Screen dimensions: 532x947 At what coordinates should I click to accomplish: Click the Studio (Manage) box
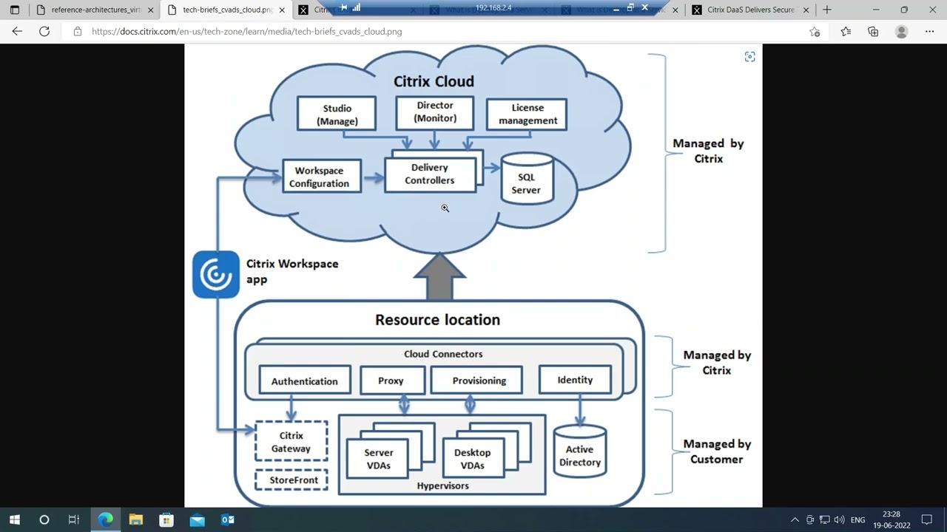coord(337,115)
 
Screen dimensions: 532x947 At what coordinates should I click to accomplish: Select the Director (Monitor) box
coord(434,112)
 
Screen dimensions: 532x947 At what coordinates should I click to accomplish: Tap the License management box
coord(527,114)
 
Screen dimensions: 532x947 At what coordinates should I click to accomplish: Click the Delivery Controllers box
coord(429,174)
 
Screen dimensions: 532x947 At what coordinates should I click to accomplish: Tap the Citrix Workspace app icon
coord(215,275)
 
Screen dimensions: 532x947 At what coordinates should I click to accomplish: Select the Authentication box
coord(304,381)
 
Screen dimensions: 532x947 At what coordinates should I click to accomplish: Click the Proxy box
coord(391,381)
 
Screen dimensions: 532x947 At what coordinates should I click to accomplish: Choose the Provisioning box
coord(479,381)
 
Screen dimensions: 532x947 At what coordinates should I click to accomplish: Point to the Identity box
coord(575,380)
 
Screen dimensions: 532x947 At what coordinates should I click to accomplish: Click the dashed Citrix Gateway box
coord(291,442)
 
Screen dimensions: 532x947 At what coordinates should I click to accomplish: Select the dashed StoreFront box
coord(294,480)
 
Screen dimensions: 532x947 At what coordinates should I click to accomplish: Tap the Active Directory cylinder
coord(579,454)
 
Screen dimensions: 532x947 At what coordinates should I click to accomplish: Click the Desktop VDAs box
coord(472,459)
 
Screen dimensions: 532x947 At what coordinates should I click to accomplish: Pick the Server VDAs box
coord(378,459)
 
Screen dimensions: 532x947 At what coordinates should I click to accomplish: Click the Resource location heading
coord(437,320)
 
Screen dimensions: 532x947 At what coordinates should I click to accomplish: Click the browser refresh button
coord(44,32)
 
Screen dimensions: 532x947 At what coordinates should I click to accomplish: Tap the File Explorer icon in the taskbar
coord(135,519)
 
